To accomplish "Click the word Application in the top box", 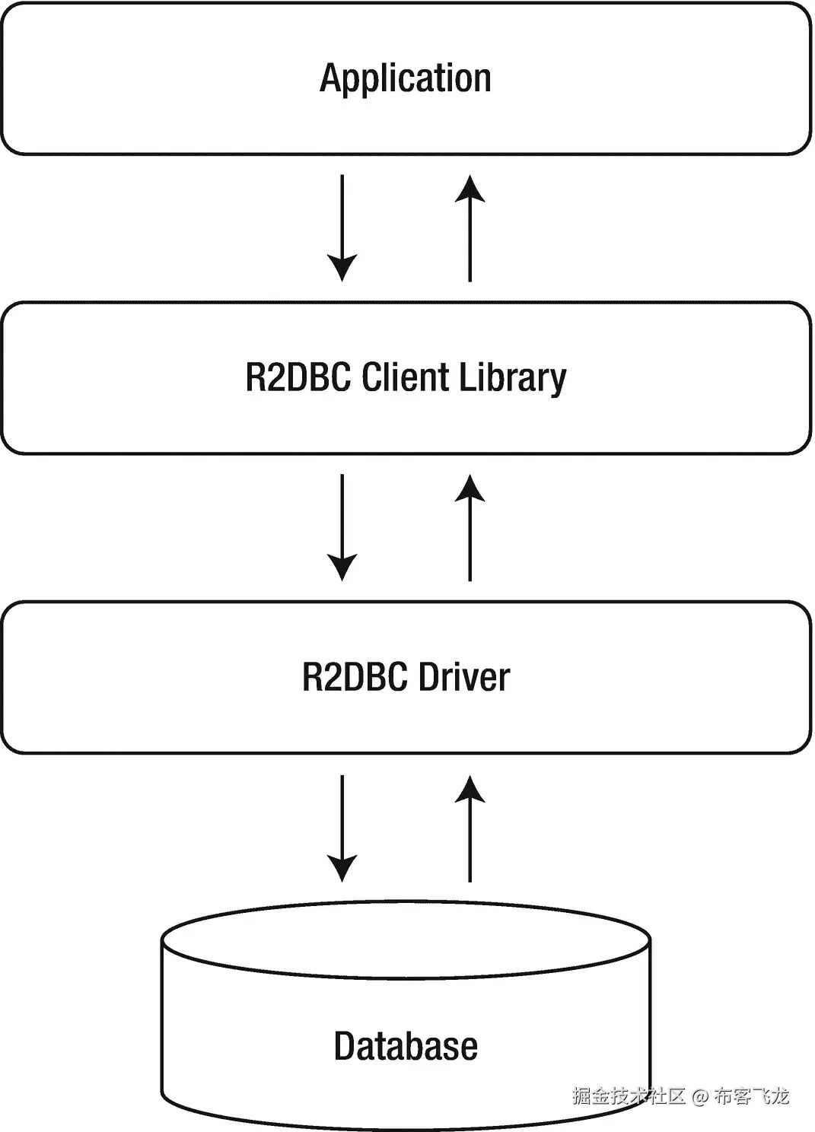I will point(406,79).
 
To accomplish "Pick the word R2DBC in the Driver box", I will point(355,677).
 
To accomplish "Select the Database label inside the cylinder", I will point(406,1046).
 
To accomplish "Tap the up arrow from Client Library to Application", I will point(470,228).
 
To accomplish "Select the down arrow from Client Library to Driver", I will point(342,526).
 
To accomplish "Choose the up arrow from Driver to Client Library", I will point(470,528).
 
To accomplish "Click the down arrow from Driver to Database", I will point(342,828).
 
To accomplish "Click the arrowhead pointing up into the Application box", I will point(470,188).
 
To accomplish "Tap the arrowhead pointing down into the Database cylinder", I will point(342,868).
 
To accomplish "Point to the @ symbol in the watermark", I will point(700,1096).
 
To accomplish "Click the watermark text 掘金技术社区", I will point(629,1096).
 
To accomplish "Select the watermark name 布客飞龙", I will point(751,1096).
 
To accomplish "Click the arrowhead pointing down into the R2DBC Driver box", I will point(342,568).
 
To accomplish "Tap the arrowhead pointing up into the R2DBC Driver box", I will point(470,789).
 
